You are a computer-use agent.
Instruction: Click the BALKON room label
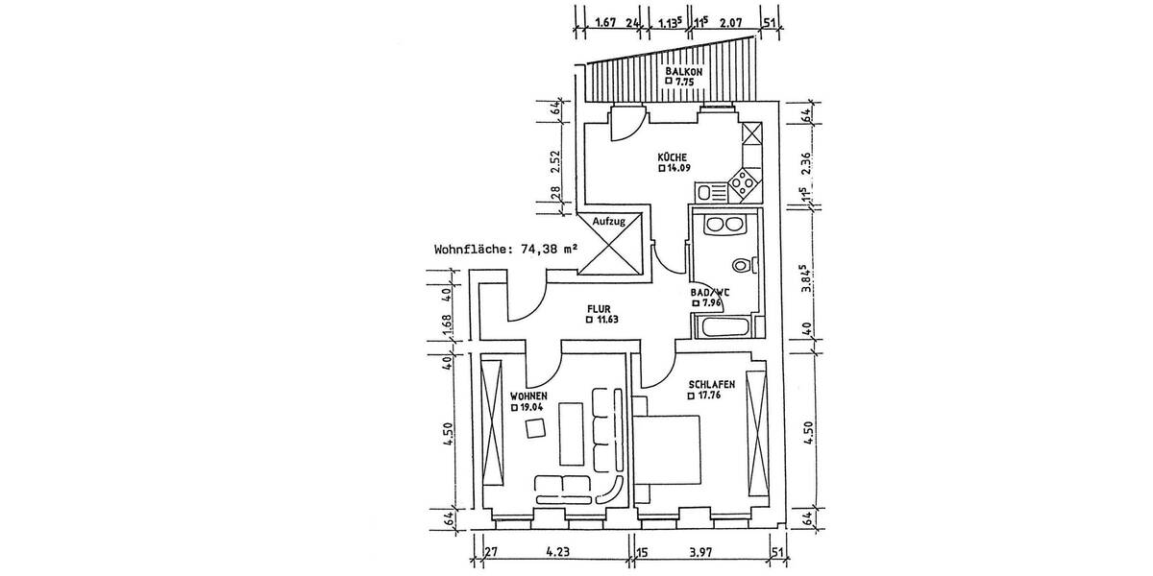[685, 72]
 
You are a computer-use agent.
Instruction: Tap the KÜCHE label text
[672, 156]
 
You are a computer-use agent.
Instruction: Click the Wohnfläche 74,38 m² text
[505, 248]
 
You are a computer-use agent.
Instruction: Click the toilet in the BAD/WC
[740, 266]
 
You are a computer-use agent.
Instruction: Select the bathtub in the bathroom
[724, 326]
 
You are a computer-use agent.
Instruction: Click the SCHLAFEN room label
[712, 384]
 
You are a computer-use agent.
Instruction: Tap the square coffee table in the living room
[530, 429]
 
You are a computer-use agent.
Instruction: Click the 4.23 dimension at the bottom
[556, 552]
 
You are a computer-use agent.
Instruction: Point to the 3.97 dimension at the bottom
[704, 552]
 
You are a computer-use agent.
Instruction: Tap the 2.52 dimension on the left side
[555, 157]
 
